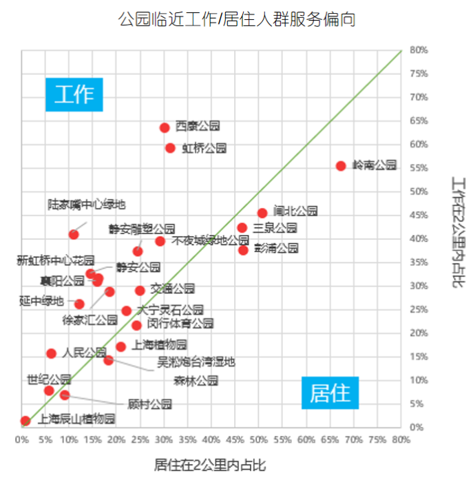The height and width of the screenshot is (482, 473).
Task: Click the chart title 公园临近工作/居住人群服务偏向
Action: (237, 19)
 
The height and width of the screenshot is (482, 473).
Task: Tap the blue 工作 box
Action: (74, 94)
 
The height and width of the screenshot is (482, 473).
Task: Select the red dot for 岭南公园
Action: (341, 166)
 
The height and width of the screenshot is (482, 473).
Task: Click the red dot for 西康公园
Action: (165, 127)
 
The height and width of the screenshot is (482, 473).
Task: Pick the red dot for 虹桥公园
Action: (170, 148)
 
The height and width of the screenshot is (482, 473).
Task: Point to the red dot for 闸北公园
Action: (262, 213)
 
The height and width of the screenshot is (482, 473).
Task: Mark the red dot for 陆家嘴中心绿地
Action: (74, 235)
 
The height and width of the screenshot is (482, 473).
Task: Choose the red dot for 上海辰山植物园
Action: (25, 421)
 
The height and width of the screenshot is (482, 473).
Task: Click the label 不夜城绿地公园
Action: (210, 241)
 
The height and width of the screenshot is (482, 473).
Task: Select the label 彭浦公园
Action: (276, 248)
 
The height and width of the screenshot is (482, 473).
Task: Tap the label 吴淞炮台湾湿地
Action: (196, 361)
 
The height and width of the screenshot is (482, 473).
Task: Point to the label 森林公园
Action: (196, 380)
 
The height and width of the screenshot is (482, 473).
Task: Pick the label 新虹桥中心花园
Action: (55, 261)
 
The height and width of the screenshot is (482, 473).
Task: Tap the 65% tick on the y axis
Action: (419, 121)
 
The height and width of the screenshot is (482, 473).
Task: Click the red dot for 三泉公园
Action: (242, 228)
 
